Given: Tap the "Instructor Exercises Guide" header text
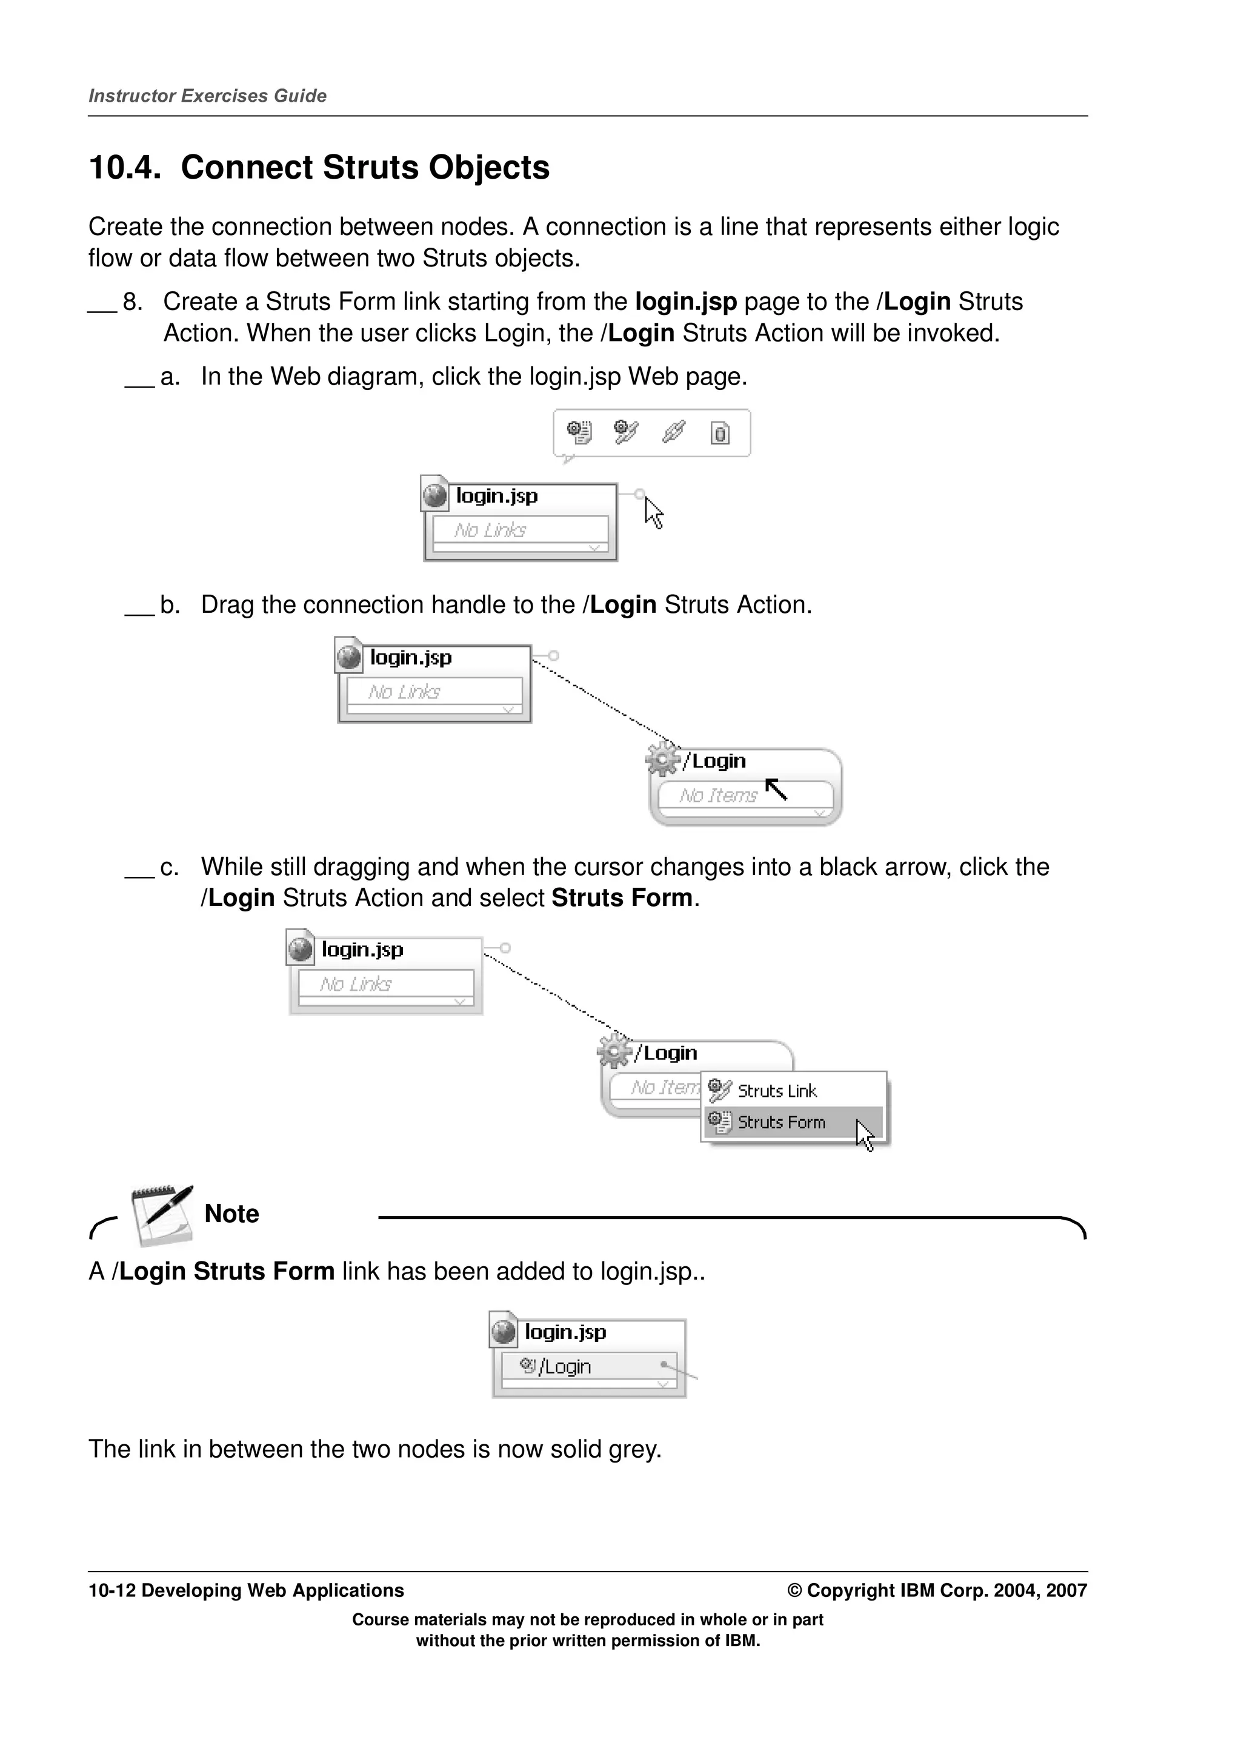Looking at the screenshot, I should (x=207, y=96).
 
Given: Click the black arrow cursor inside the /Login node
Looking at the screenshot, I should (x=776, y=789).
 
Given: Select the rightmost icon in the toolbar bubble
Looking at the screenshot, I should (x=720, y=434).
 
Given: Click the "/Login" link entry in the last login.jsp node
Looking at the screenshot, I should (x=564, y=1367).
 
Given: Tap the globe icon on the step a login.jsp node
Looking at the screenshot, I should (x=434, y=495).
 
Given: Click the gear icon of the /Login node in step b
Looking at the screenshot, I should (x=662, y=758).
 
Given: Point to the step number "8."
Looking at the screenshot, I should (x=132, y=302).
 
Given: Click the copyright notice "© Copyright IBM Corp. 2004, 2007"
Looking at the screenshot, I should (x=937, y=1591).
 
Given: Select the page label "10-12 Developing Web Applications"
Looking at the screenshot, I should (x=246, y=1591).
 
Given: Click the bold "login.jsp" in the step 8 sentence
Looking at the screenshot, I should (x=685, y=302).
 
